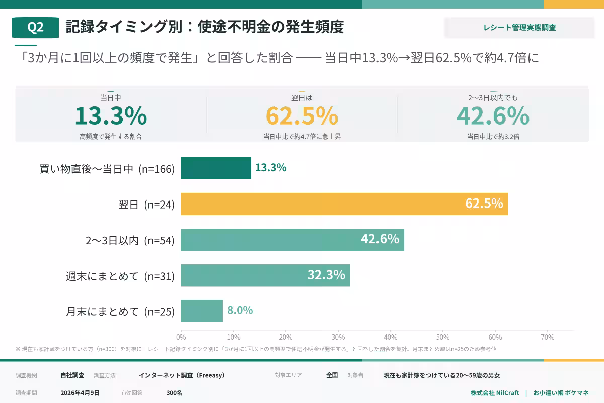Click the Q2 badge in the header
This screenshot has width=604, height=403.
(x=35, y=28)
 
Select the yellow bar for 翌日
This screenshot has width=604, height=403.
(x=344, y=204)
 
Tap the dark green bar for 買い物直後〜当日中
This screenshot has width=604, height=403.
(x=216, y=168)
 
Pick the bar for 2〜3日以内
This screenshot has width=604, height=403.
(x=292, y=240)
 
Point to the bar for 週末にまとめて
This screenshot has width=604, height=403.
(x=265, y=275)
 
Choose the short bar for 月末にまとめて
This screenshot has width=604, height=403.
(x=202, y=311)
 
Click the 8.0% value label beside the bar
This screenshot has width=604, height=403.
(x=240, y=310)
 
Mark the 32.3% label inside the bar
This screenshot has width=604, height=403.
(x=326, y=275)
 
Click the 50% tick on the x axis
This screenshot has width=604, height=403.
(x=442, y=337)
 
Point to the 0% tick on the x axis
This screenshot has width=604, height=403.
(x=181, y=337)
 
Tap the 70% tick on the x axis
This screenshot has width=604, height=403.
(x=547, y=337)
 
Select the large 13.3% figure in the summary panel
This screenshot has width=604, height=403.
(x=111, y=116)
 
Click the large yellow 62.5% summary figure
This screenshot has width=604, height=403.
(x=302, y=116)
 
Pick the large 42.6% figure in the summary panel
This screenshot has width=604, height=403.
(x=493, y=116)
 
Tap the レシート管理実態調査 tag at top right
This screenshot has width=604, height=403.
(x=519, y=28)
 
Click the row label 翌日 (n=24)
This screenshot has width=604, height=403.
(x=146, y=205)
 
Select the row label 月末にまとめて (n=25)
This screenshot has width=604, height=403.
(x=120, y=312)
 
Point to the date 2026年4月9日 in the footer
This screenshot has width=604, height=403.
(x=80, y=393)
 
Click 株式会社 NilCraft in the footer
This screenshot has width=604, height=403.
(x=495, y=393)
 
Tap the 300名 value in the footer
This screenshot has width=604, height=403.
(x=174, y=393)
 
